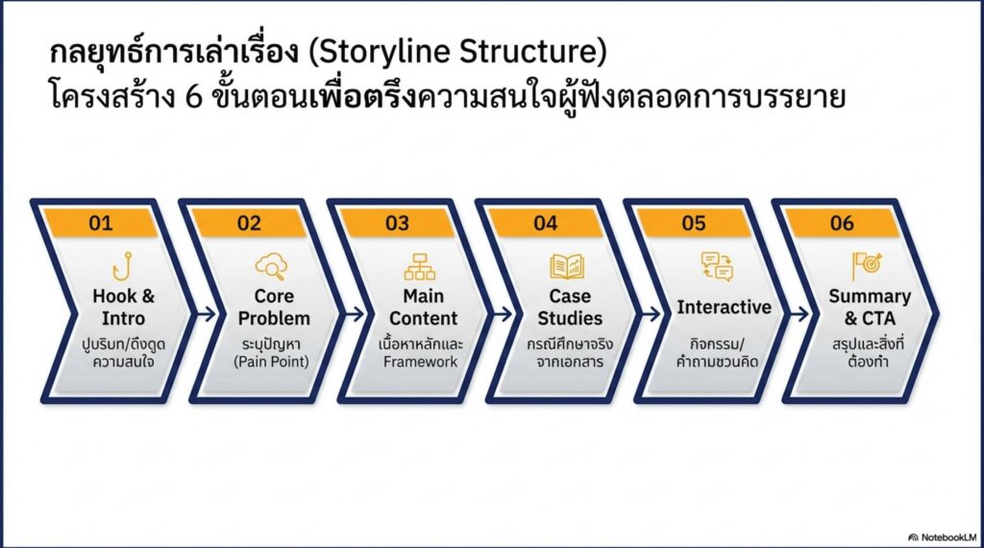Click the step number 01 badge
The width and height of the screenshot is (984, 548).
(101, 224)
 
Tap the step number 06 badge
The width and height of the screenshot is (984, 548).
(842, 224)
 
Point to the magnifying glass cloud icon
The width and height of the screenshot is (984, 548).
(270, 266)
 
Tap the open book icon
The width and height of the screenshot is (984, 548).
(567, 266)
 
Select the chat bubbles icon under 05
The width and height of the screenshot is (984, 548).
(717, 266)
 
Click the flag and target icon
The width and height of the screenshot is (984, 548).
(866, 266)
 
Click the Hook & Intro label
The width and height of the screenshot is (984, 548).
(123, 306)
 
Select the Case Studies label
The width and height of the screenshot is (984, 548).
(570, 306)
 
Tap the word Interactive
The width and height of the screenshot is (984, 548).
(724, 307)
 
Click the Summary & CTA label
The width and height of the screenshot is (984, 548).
(869, 306)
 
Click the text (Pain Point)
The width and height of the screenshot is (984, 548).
(274, 362)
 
